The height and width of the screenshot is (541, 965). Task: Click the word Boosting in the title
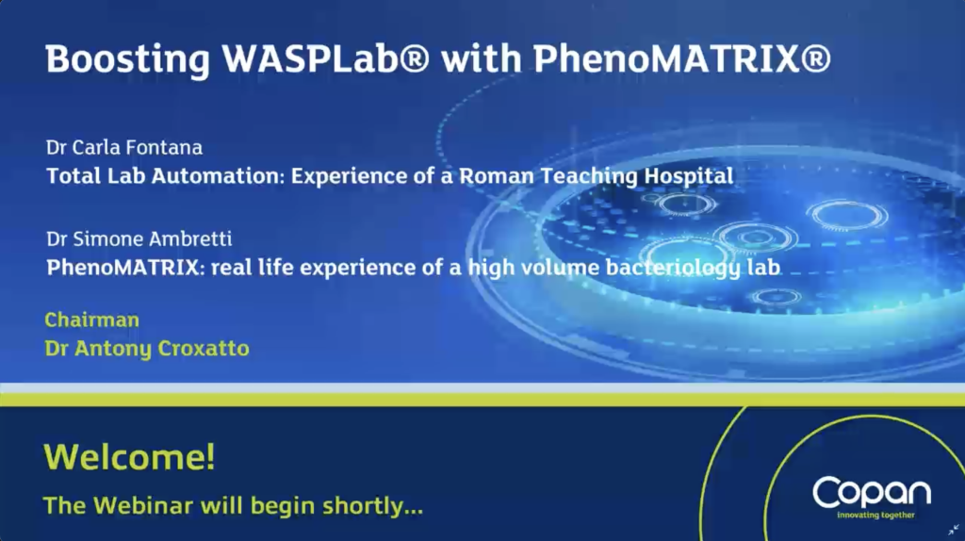pyautogui.click(x=128, y=59)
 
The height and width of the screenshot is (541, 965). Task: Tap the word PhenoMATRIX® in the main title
pyautogui.click(x=682, y=58)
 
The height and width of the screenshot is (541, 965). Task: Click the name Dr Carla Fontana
pyautogui.click(x=124, y=147)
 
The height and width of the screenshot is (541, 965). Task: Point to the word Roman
pyautogui.click(x=497, y=176)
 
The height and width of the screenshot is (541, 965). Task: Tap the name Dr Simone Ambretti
pyautogui.click(x=139, y=238)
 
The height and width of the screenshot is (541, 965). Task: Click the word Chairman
pyautogui.click(x=91, y=320)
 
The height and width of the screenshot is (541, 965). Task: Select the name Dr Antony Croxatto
pyautogui.click(x=147, y=349)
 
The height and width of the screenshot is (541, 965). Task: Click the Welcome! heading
pyautogui.click(x=129, y=457)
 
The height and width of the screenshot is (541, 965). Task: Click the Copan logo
pyautogui.click(x=872, y=492)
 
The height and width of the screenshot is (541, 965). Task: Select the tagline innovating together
pyautogui.click(x=875, y=516)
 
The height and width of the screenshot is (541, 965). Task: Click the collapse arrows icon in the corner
pyautogui.click(x=954, y=530)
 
